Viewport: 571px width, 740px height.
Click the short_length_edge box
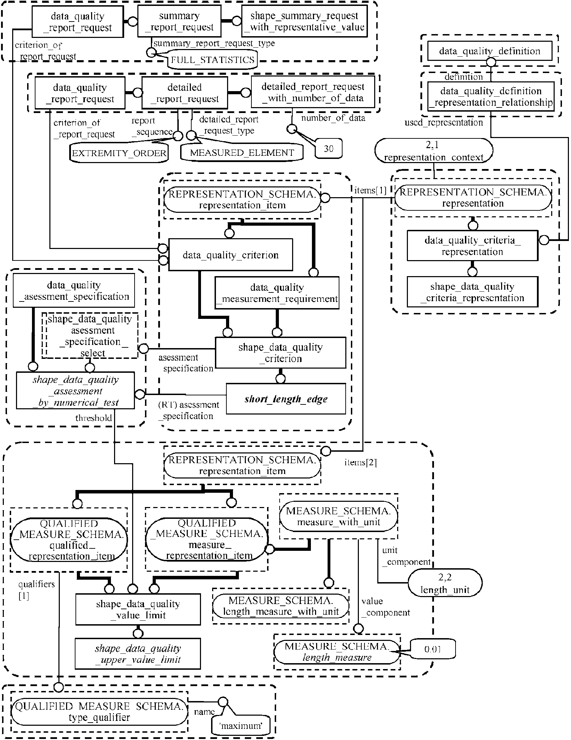[286, 399]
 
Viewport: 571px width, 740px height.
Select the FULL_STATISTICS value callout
[212, 60]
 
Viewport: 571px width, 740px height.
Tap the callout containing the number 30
[329, 149]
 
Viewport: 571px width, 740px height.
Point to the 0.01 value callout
[433, 649]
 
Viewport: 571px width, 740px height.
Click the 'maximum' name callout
[240, 726]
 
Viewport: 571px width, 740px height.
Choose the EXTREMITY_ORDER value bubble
[119, 153]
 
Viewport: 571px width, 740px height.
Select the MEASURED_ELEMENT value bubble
[242, 153]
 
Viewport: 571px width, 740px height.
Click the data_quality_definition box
[490, 51]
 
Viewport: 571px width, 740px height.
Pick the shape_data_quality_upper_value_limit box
[138, 654]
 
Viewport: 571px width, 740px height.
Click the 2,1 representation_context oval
[434, 151]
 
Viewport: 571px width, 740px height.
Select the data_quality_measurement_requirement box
[277, 293]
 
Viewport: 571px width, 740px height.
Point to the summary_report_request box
[179, 22]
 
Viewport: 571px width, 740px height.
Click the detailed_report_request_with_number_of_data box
[313, 92]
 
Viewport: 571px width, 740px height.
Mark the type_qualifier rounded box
[99, 712]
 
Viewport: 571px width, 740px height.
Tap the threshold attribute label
[94, 418]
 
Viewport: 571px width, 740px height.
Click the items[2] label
[361, 462]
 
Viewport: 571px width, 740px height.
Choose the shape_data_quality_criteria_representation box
[472, 292]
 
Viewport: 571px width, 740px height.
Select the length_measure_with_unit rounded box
[281, 606]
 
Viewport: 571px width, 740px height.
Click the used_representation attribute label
[444, 122]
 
